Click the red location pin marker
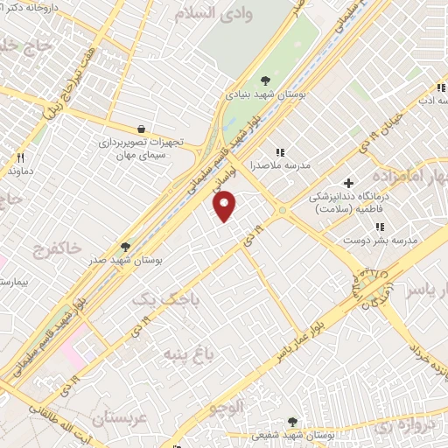pos(226,205)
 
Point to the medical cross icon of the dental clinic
pos(349,184)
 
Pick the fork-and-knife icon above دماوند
pos(20,158)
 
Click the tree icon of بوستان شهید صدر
pos(125,247)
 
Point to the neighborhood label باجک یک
pos(159,300)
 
